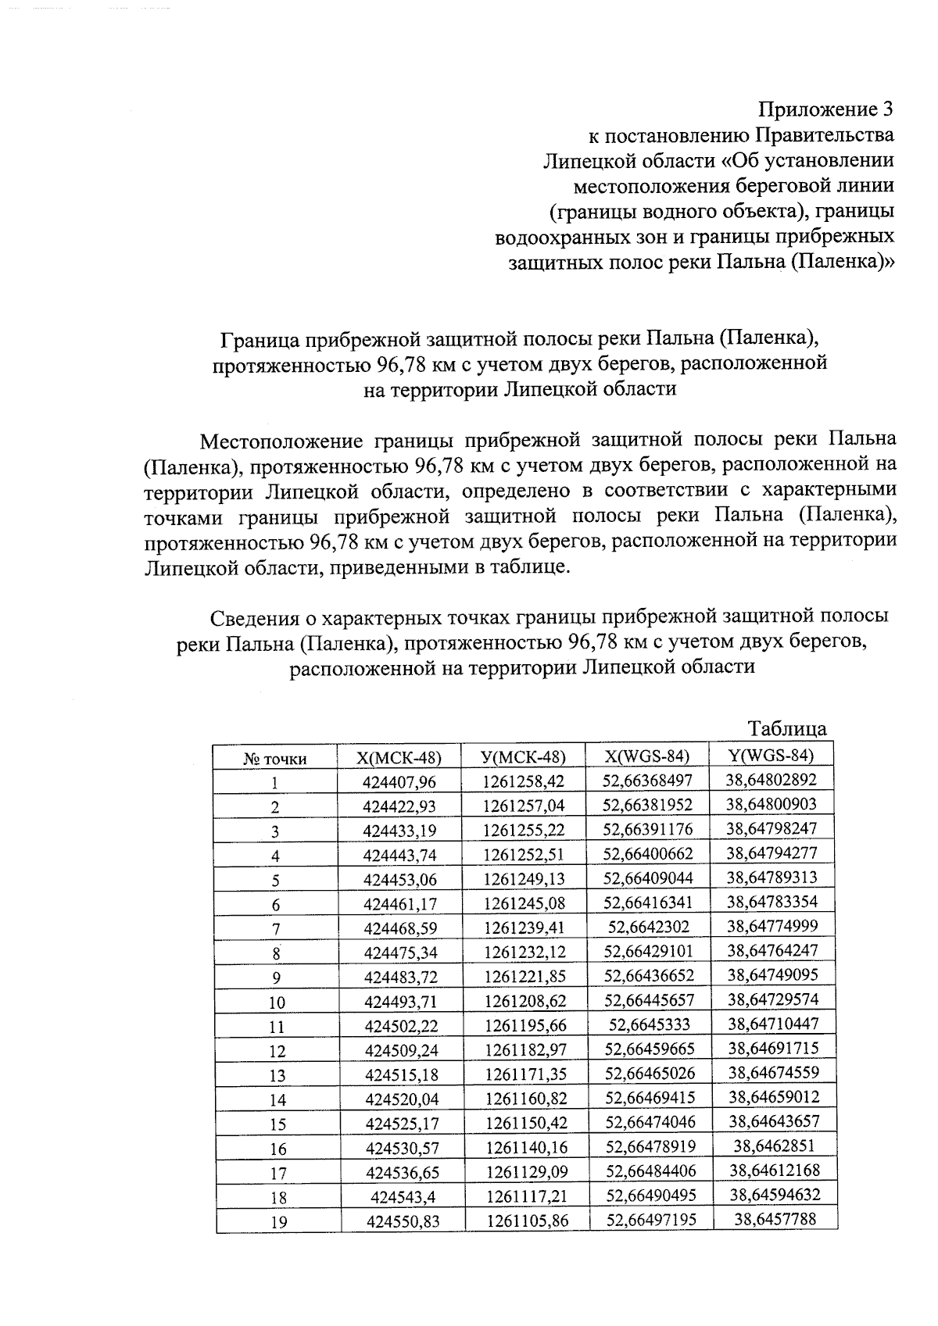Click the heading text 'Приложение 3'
[x=825, y=110]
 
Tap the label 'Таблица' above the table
[x=787, y=729]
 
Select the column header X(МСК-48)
[x=399, y=757]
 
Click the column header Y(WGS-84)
[x=771, y=755]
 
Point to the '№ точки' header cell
[x=275, y=759]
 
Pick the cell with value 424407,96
[x=399, y=781]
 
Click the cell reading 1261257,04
[x=523, y=806]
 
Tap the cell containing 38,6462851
[x=772, y=1146]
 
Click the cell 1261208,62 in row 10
[x=524, y=1001]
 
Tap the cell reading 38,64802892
[x=771, y=779]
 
